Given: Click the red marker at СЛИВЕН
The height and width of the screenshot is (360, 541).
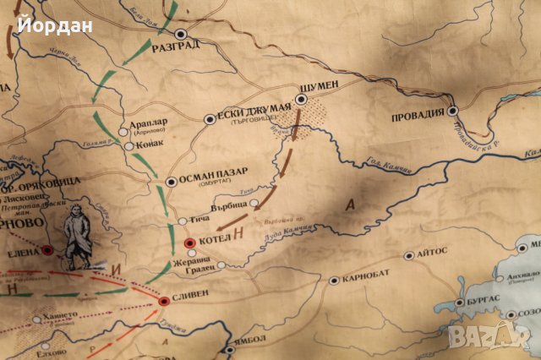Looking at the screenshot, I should pos(163,301).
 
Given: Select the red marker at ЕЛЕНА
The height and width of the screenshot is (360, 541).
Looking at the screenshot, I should pos(47,249).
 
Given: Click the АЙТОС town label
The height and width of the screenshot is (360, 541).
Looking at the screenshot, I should pos(431,254).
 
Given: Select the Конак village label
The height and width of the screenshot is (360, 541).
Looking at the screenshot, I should pos(149,145).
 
